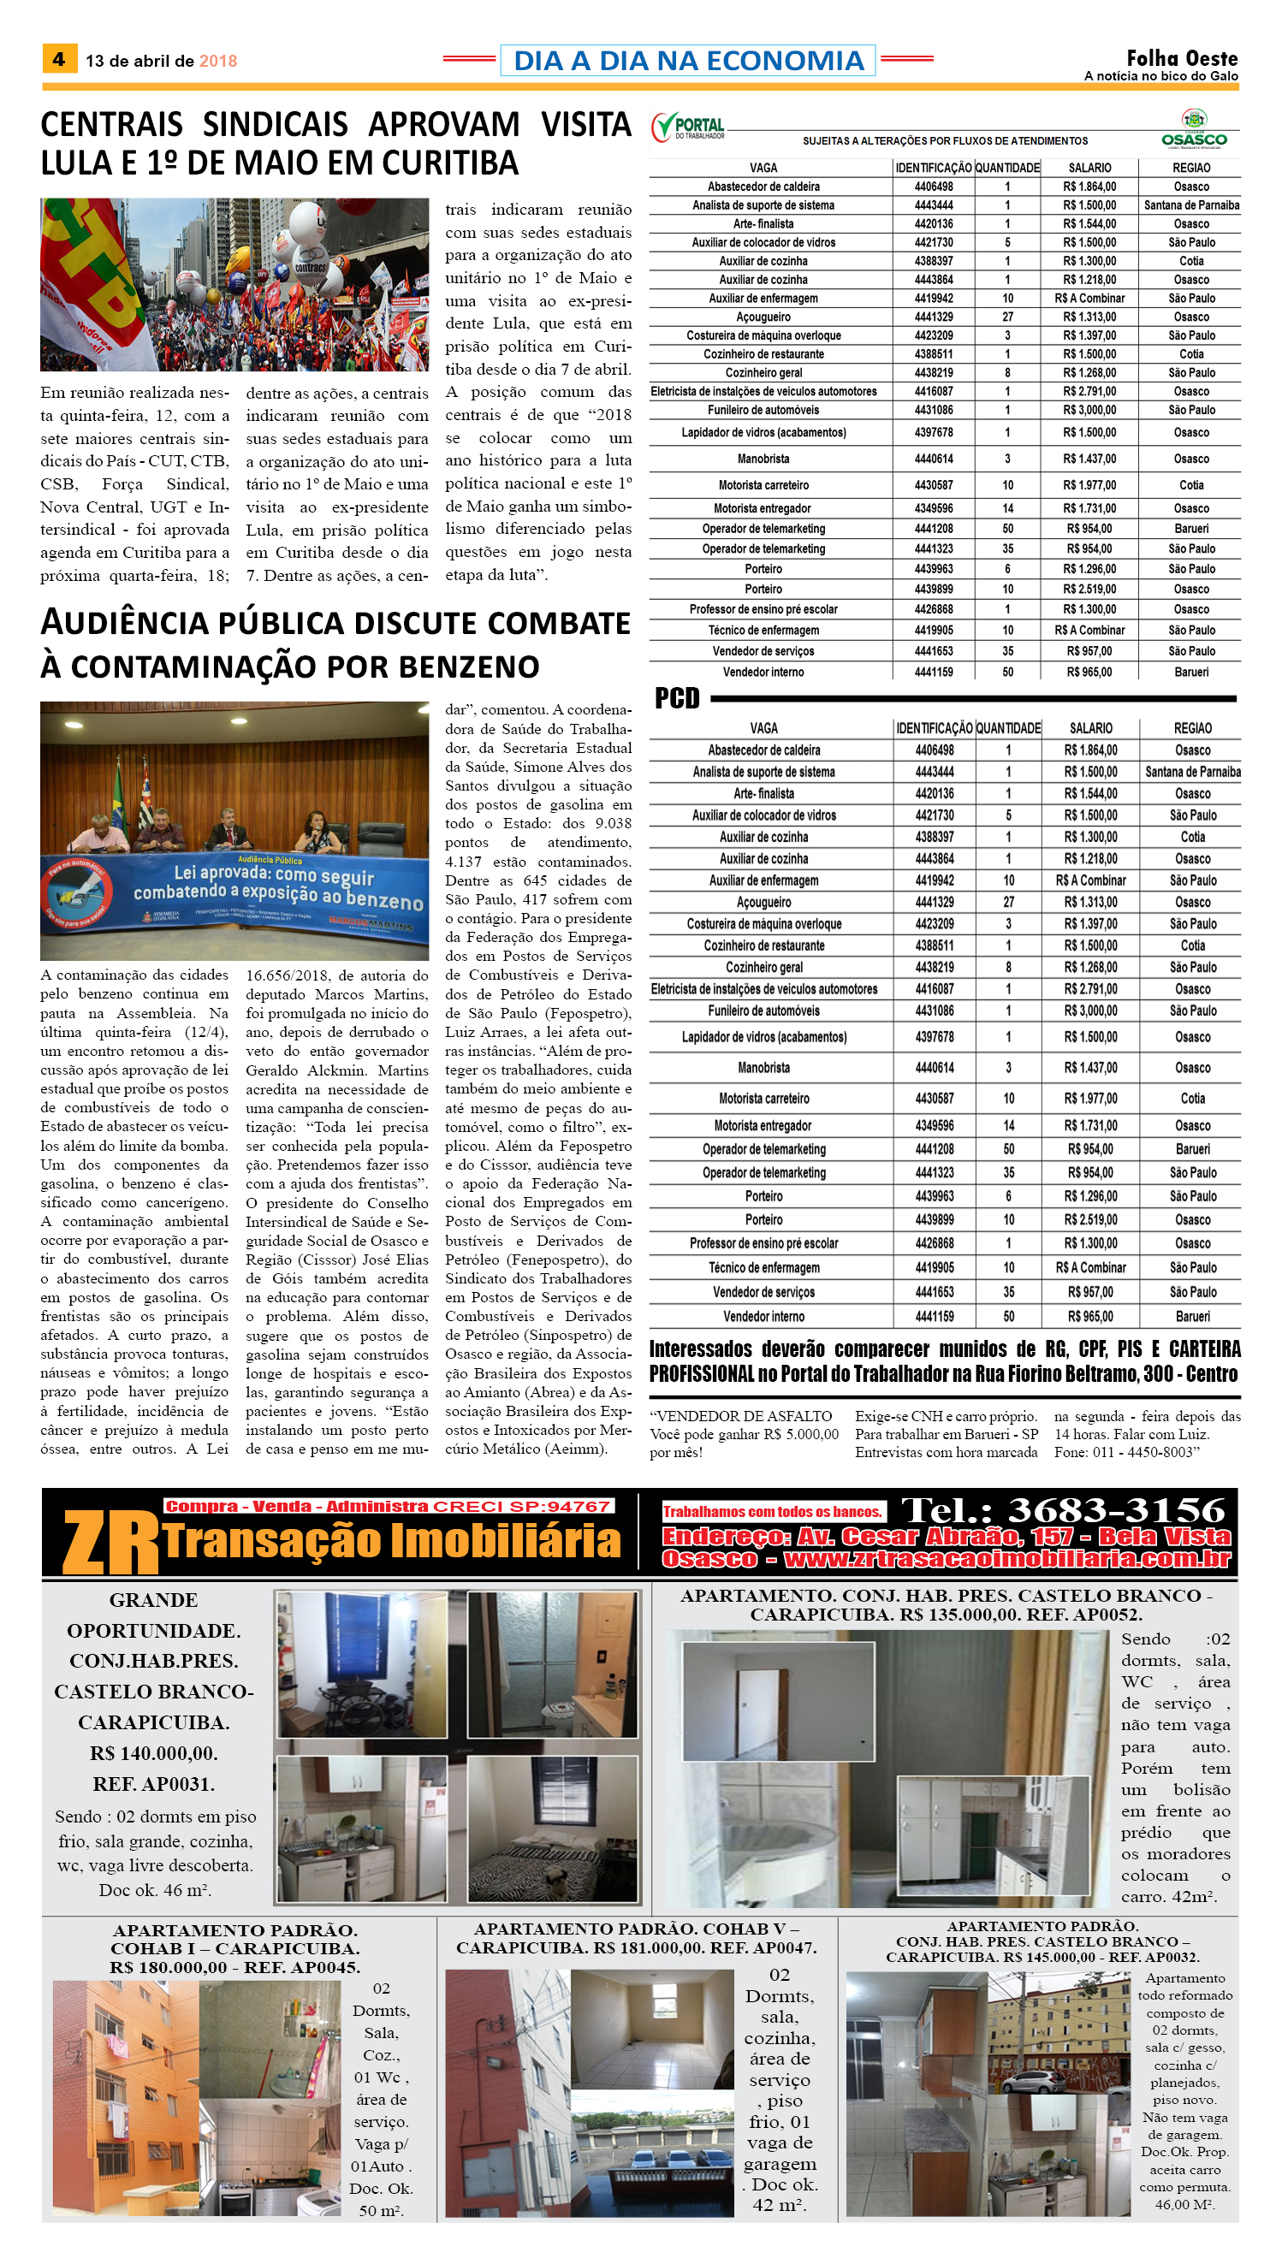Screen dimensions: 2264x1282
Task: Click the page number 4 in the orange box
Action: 59,60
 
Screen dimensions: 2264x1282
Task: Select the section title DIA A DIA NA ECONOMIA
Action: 688,61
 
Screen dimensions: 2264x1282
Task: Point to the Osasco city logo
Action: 1193,128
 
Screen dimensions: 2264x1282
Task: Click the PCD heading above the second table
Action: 676,698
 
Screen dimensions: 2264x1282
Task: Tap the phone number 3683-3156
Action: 1117,1509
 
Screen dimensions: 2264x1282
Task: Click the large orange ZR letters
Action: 110,1543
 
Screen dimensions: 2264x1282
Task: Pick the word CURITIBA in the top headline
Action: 450,163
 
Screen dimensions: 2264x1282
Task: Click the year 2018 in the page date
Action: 217,61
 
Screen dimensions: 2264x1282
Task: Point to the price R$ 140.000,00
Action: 153,1752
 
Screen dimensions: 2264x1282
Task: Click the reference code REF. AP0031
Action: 153,1783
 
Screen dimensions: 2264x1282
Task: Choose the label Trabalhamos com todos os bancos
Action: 772,1511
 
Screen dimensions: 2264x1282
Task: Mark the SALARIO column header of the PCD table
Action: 1090,728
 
